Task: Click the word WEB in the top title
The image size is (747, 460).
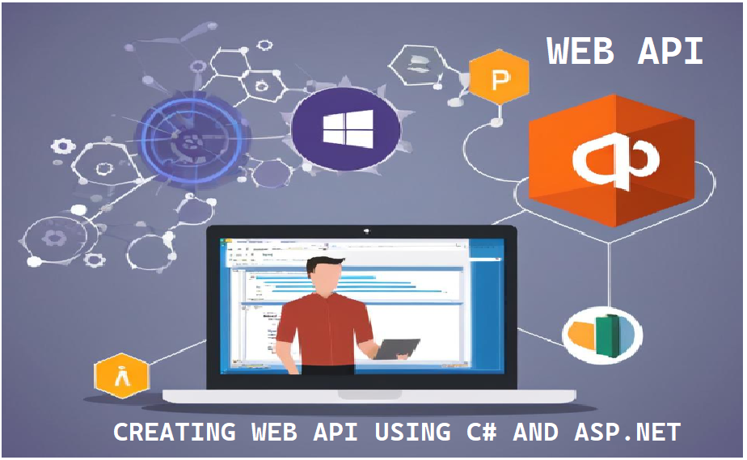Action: tap(583, 53)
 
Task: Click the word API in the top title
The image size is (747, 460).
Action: tap(670, 53)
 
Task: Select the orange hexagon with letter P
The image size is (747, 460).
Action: tap(499, 78)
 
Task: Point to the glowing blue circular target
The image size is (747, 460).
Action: tap(189, 142)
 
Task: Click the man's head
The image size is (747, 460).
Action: tap(327, 276)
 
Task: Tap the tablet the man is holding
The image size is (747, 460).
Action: tap(397, 348)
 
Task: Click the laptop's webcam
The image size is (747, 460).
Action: tap(365, 232)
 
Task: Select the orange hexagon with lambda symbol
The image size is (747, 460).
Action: tap(122, 376)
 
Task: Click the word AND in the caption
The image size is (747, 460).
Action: tap(535, 433)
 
